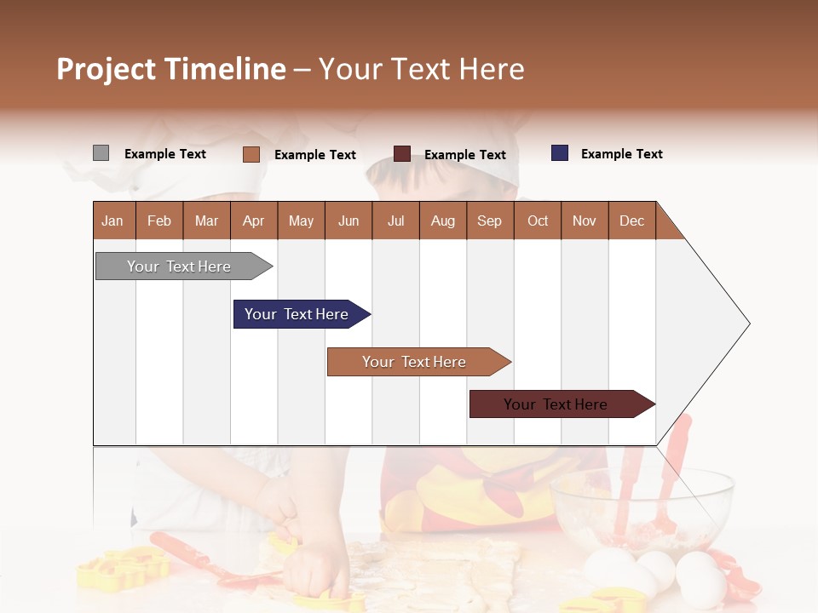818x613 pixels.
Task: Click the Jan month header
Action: (113, 221)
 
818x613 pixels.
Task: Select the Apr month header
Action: (254, 221)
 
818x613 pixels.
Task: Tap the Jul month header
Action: (395, 221)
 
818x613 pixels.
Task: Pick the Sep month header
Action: (490, 221)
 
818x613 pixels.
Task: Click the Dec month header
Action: (631, 221)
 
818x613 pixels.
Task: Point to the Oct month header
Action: (538, 221)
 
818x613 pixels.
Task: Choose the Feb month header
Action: (159, 221)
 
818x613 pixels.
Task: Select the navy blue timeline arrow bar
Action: (297, 314)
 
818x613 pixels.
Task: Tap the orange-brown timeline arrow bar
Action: (415, 362)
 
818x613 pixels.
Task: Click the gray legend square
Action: (101, 153)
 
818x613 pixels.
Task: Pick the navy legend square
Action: (560, 153)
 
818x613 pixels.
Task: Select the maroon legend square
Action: (402, 154)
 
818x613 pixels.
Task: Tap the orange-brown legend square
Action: (251, 154)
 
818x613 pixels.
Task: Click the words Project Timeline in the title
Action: (171, 69)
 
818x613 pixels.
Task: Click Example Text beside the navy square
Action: (621, 154)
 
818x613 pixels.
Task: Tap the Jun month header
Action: (349, 221)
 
